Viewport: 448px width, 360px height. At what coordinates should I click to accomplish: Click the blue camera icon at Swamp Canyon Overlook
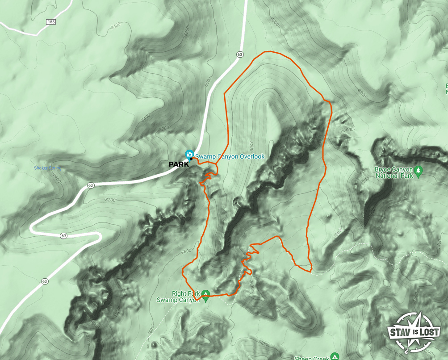(189, 154)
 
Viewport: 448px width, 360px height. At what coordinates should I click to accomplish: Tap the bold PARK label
(179, 164)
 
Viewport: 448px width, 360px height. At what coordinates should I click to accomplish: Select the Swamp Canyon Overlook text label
(230, 157)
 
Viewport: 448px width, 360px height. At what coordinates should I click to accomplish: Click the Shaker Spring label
(48, 168)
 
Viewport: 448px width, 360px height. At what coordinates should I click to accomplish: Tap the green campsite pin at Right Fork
(205, 294)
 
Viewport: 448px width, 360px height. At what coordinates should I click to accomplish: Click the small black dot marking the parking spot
(191, 159)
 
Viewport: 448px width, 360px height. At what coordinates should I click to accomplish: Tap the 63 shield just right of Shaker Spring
(91, 185)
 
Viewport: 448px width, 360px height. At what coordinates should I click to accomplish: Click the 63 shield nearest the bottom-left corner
(44, 281)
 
